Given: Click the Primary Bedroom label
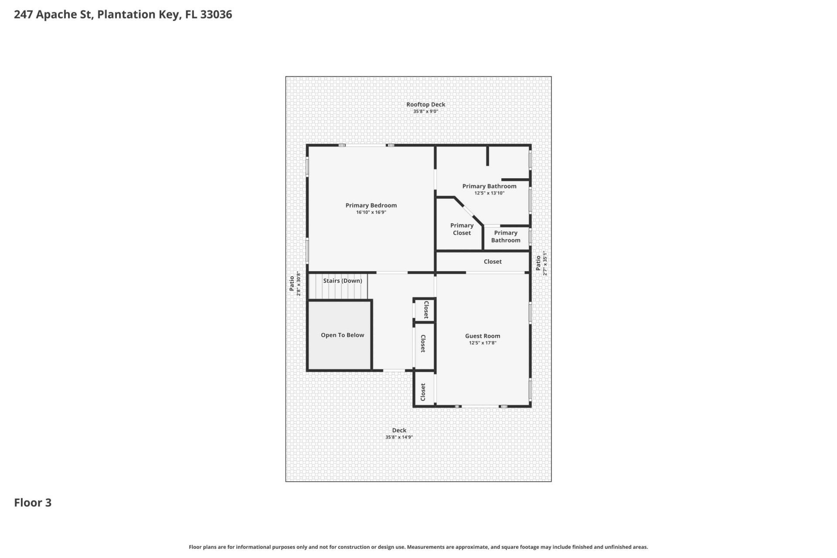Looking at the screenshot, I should tap(371, 205).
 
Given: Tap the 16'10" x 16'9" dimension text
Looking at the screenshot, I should tap(371, 212).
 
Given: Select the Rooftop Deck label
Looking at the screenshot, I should tap(425, 105).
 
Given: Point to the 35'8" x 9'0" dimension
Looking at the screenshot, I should tap(425, 112).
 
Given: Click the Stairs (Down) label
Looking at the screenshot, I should tap(342, 281).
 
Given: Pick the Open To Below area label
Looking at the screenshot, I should tap(342, 335).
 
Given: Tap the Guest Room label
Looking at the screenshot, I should tap(482, 336).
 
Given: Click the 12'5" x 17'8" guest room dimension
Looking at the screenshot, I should tap(482, 343).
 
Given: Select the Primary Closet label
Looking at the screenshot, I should tap(462, 229).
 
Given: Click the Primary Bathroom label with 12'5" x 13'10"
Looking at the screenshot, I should tap(489, 186).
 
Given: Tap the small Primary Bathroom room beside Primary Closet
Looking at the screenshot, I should tap(506, 237).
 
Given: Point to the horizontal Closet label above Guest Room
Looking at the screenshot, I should tap(493, 262).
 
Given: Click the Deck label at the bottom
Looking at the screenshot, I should tap(399, 430).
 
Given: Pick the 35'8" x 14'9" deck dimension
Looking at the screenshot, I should tap(399, 437).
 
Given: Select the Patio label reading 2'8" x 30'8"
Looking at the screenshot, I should tap(292, 284).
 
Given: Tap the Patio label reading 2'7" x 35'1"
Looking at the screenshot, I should tap(538, 263).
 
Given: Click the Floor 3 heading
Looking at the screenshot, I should tap(33, 503).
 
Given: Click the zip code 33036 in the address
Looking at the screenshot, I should tap(216, 14).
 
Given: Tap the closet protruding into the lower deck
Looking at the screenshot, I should tap(423, 392).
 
